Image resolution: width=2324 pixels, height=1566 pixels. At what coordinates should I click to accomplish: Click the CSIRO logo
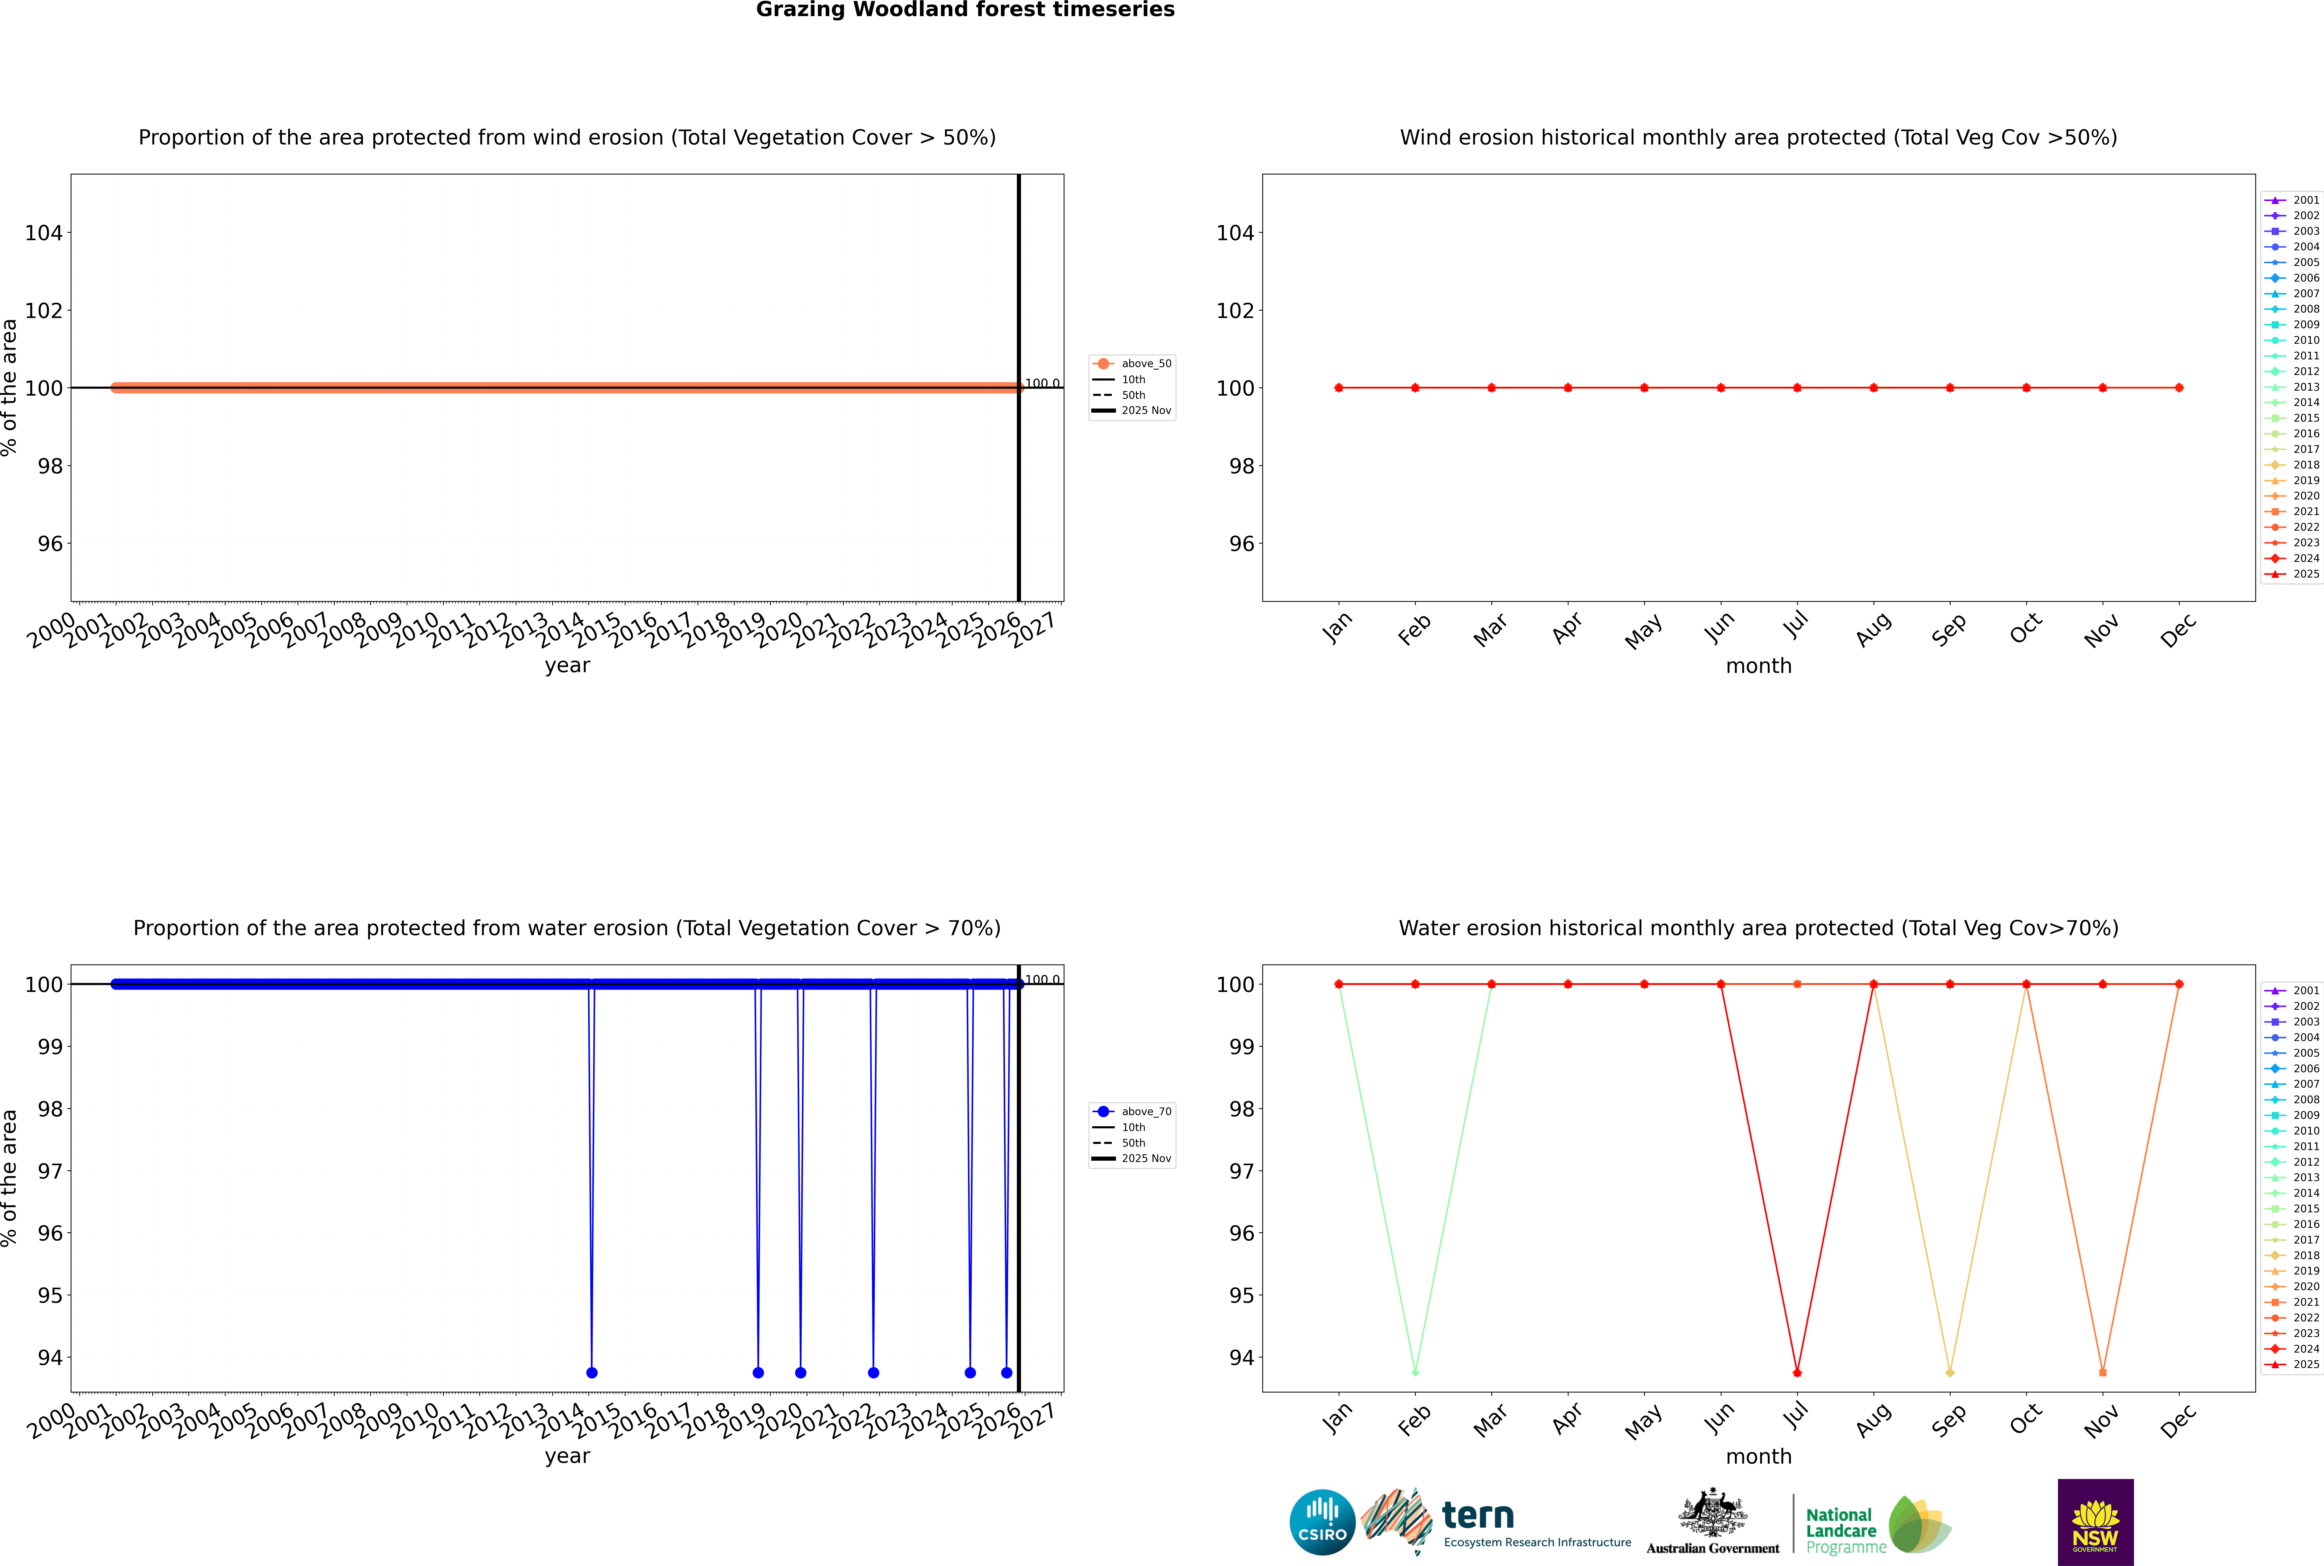point(1322,1522)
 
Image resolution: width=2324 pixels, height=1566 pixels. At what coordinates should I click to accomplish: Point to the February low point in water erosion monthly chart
point(1415,1372)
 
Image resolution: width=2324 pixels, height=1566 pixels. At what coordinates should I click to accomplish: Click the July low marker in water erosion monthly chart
point(1797,1372)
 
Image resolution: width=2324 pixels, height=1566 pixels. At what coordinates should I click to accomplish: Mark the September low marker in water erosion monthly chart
point(1949,1372)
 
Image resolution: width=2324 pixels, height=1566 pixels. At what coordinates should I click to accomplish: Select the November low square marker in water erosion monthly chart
point(2103,1372)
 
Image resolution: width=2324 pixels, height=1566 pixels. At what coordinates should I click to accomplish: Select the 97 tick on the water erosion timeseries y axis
point(50,1170)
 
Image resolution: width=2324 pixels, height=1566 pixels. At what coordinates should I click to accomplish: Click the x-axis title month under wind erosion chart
point(1758,666)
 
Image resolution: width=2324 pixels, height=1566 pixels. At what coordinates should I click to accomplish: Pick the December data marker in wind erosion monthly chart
point(2179,387)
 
